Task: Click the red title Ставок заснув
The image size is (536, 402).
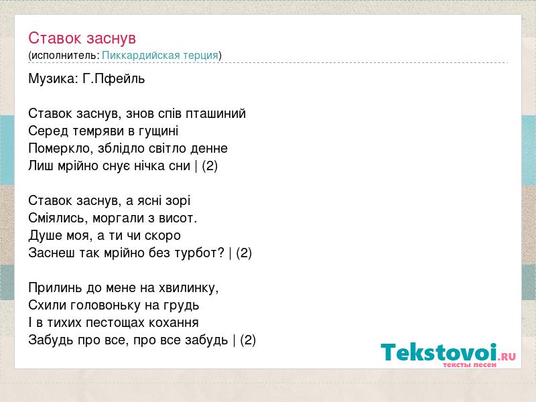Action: [82, 38]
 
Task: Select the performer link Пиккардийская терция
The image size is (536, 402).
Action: [160, 56]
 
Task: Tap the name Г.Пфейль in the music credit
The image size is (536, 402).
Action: [114, 79]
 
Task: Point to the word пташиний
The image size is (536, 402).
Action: [216, 114]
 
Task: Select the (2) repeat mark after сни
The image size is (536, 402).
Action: [210, 166]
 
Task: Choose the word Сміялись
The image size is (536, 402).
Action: [58, 218]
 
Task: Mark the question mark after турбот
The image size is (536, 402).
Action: [221, 253]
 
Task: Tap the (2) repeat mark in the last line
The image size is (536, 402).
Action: [248, 340]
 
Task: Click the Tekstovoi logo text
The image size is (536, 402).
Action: [439, 352]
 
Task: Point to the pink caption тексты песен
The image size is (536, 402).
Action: [470, 365]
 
